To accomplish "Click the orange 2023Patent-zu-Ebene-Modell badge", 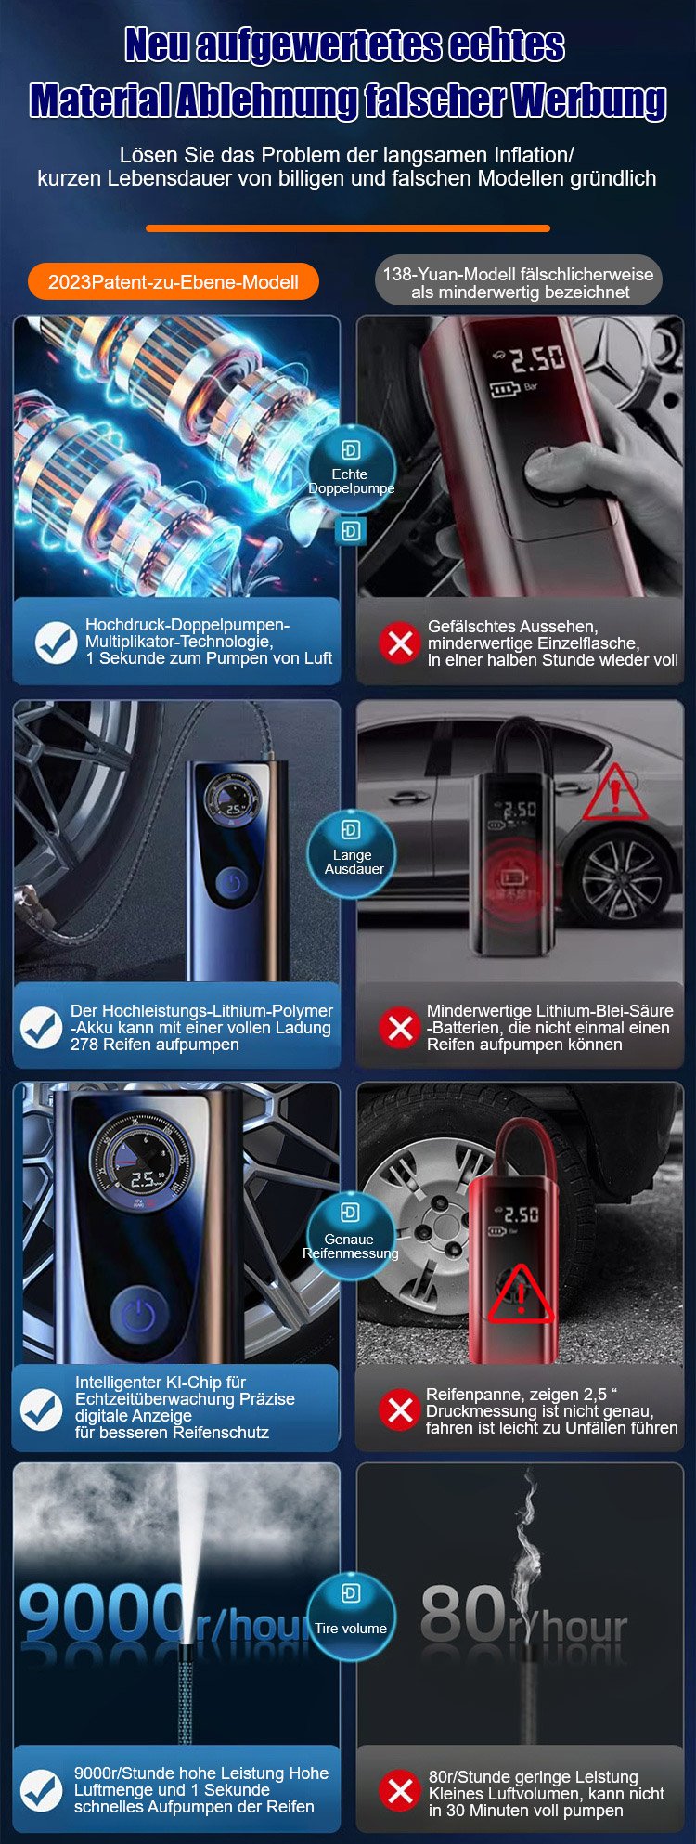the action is point(173,281).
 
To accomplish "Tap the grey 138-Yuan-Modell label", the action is point(518,282).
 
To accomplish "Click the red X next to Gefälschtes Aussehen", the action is point(400,643).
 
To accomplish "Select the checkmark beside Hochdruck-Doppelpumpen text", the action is point(56,643).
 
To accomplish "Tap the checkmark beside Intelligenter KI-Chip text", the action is point(42,1409).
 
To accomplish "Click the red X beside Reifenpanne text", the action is point(400,1409).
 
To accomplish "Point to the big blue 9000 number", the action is point(101,1613).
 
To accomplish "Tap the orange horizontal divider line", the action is point(348,227).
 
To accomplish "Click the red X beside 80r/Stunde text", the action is point(400,1791).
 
